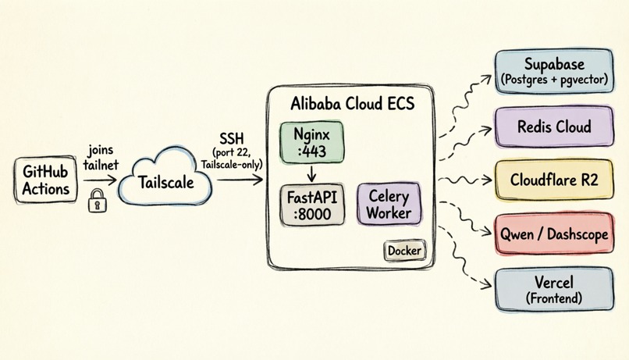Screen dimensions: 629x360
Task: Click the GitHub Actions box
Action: pos(45,180)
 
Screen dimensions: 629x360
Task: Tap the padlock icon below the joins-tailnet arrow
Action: pos(98,200)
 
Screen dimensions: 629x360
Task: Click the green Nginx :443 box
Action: pos(311,142)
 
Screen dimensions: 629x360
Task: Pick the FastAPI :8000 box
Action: pos(312,205)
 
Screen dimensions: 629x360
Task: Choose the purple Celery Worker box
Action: pos(389,205)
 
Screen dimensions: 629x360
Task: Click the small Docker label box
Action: pos(404,251)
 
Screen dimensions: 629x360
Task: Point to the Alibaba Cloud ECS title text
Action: pos(352,104)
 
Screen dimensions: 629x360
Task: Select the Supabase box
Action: pos(554,71)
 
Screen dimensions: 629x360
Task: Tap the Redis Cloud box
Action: pos(554,127)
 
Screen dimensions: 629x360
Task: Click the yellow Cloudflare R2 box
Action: pos(554,180)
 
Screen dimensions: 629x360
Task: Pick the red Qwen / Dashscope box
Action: pos(554,233)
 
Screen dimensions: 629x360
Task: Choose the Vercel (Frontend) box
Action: pos(554,290)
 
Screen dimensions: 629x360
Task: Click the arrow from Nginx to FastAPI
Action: pos(311,174)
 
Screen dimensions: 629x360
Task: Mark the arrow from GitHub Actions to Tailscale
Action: pos(100,180)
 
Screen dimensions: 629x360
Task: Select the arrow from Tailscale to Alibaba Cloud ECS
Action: pos(240,180)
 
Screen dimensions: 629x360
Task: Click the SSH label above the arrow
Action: pos(232,138)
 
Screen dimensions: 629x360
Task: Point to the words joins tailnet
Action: pos(101,157)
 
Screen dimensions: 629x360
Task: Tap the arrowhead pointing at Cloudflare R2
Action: pos(488,180)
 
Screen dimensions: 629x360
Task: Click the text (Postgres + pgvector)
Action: pos(554,80)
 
